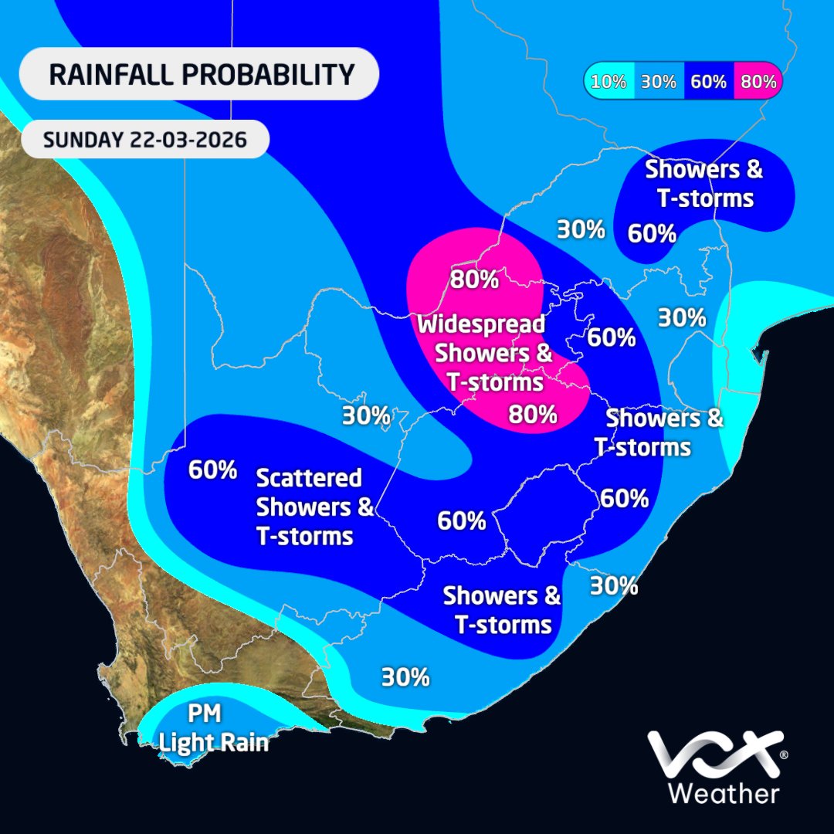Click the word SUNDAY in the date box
pos(80,141)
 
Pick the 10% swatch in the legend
pos(610,81)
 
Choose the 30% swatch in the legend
pos(659,81)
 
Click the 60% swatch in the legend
pos(709,81)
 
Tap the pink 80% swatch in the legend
pos(758,81)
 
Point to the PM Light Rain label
pos(213,729)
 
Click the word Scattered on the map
pos(309,478)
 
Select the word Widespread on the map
pos(481,324)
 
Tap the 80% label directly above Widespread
pos(474,279)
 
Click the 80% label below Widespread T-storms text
pos(533,415)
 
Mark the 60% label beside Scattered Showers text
pos(212,470)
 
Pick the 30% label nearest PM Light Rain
pos(405,677)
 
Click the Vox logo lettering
pos(710,755)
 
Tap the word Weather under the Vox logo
pos(723,793)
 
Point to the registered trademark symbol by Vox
pos(784,754)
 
